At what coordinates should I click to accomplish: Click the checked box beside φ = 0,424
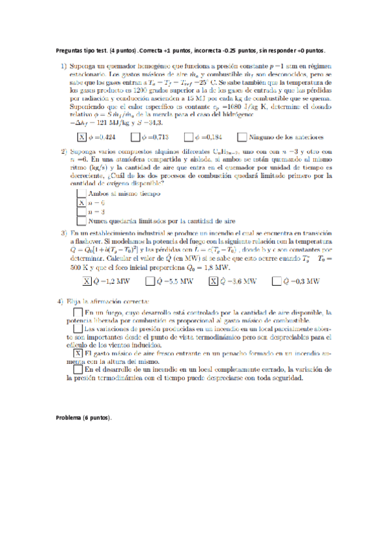tap(81, 138)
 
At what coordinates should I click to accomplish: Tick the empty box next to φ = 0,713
tap(135, 138)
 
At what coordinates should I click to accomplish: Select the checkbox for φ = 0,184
tap(188, 138)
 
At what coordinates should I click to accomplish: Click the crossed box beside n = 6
tap(81, 203)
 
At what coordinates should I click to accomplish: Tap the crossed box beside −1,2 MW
tap(87, 281)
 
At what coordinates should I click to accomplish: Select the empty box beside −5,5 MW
tap(150, 281)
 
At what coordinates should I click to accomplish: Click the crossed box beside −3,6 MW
tap(213, 281)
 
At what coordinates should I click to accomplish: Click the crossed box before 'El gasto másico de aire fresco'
tap(79, 353)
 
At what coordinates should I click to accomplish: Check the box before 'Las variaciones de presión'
tap(79, 330)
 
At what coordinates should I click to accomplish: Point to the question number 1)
tap(64, 66)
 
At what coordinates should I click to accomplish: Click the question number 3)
tap(64, 233)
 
